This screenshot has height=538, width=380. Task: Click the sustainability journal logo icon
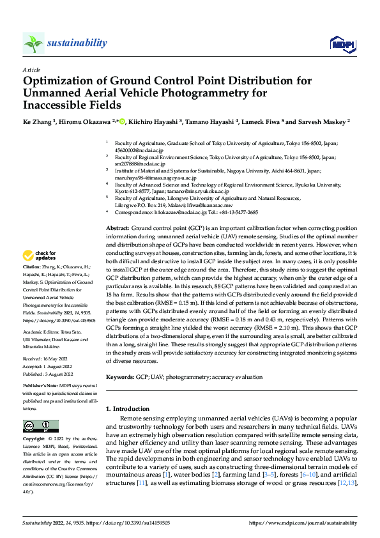click(x=33, y=43)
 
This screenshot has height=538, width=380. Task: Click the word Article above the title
click(x=31, y=70)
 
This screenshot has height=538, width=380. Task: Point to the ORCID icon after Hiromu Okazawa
click(x=123, y=121)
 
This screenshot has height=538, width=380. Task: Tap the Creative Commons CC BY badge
click(x=40, y=426)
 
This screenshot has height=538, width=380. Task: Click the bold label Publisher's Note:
click(x=41, y=387)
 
